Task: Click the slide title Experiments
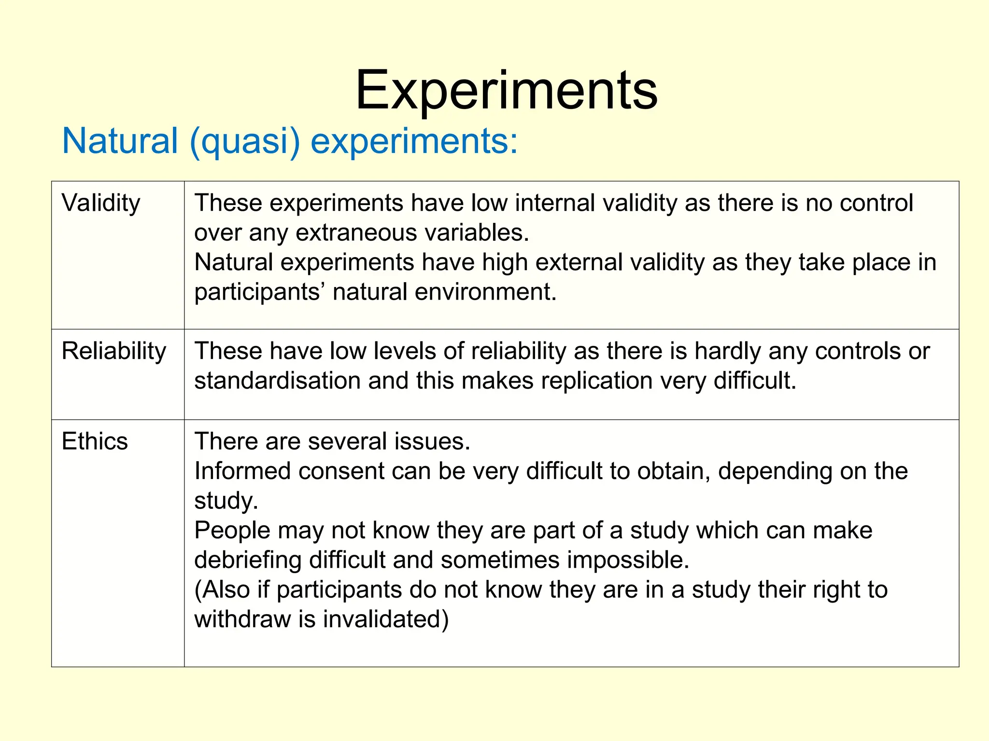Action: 506,91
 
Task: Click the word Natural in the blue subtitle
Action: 120,141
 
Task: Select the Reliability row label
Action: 113,351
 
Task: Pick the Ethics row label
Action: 95,441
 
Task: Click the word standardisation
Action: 277,381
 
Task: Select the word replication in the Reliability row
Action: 597,381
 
